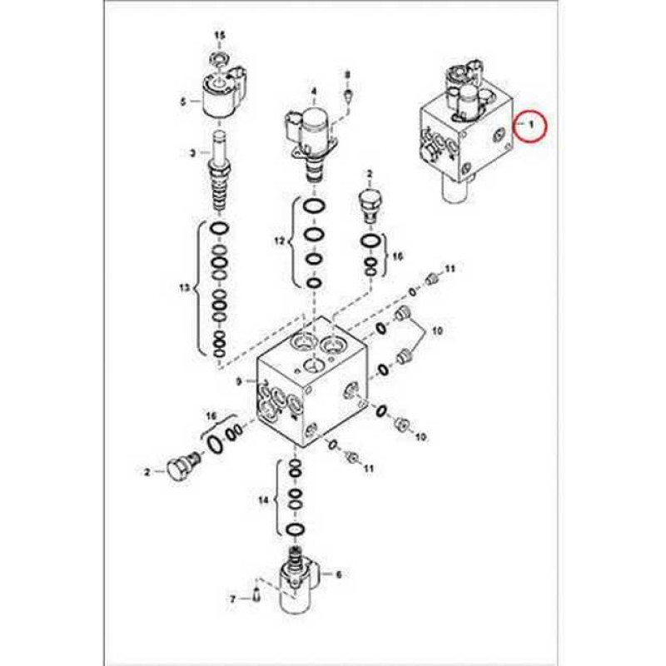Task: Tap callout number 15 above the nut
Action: click(x=220, y=35)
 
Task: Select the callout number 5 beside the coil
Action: click(x=183, y=102)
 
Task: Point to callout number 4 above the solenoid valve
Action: click(x=314, y=91)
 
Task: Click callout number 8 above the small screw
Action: click(x=347, y=74)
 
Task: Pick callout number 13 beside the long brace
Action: click(x=184, y=288)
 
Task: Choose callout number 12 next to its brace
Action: click(x=279, y=241)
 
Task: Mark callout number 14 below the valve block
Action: click(x=264, y=501)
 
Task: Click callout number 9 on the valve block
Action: click(x=239, y=382)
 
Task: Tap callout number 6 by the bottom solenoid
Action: click(x=339, y=574)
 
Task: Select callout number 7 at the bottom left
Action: click(x=232, y=599)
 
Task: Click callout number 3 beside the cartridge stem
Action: click(x=192, y=153)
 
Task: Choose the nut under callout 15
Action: click(x=220, y=57)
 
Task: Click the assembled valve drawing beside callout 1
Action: click(x=467, y=129)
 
